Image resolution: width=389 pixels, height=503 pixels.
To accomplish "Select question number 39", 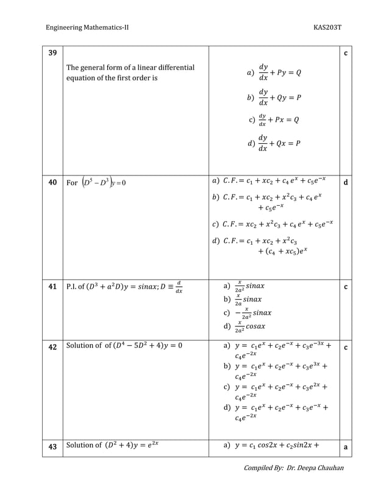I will (52, 53).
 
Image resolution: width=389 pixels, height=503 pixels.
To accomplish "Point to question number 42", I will (52, 346).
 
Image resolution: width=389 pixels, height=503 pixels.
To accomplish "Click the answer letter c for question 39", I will (346, 53).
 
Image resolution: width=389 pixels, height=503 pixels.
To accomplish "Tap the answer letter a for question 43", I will (346, 447).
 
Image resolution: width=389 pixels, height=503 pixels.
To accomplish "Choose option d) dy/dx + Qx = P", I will (274, 144).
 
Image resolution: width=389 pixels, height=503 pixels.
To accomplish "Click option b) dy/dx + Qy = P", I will (274, 97).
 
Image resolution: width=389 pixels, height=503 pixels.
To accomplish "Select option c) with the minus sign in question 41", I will (248, 313).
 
